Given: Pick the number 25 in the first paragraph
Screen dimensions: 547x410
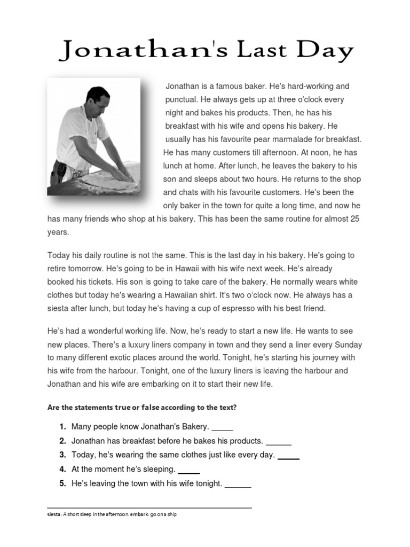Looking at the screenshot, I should pyautogui.click(x=354, y=219).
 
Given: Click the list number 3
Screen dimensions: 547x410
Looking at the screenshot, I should pyautogui.click(x=62, y=455).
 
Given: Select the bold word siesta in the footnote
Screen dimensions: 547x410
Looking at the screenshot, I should pyautogui.click(x=54, y=515).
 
